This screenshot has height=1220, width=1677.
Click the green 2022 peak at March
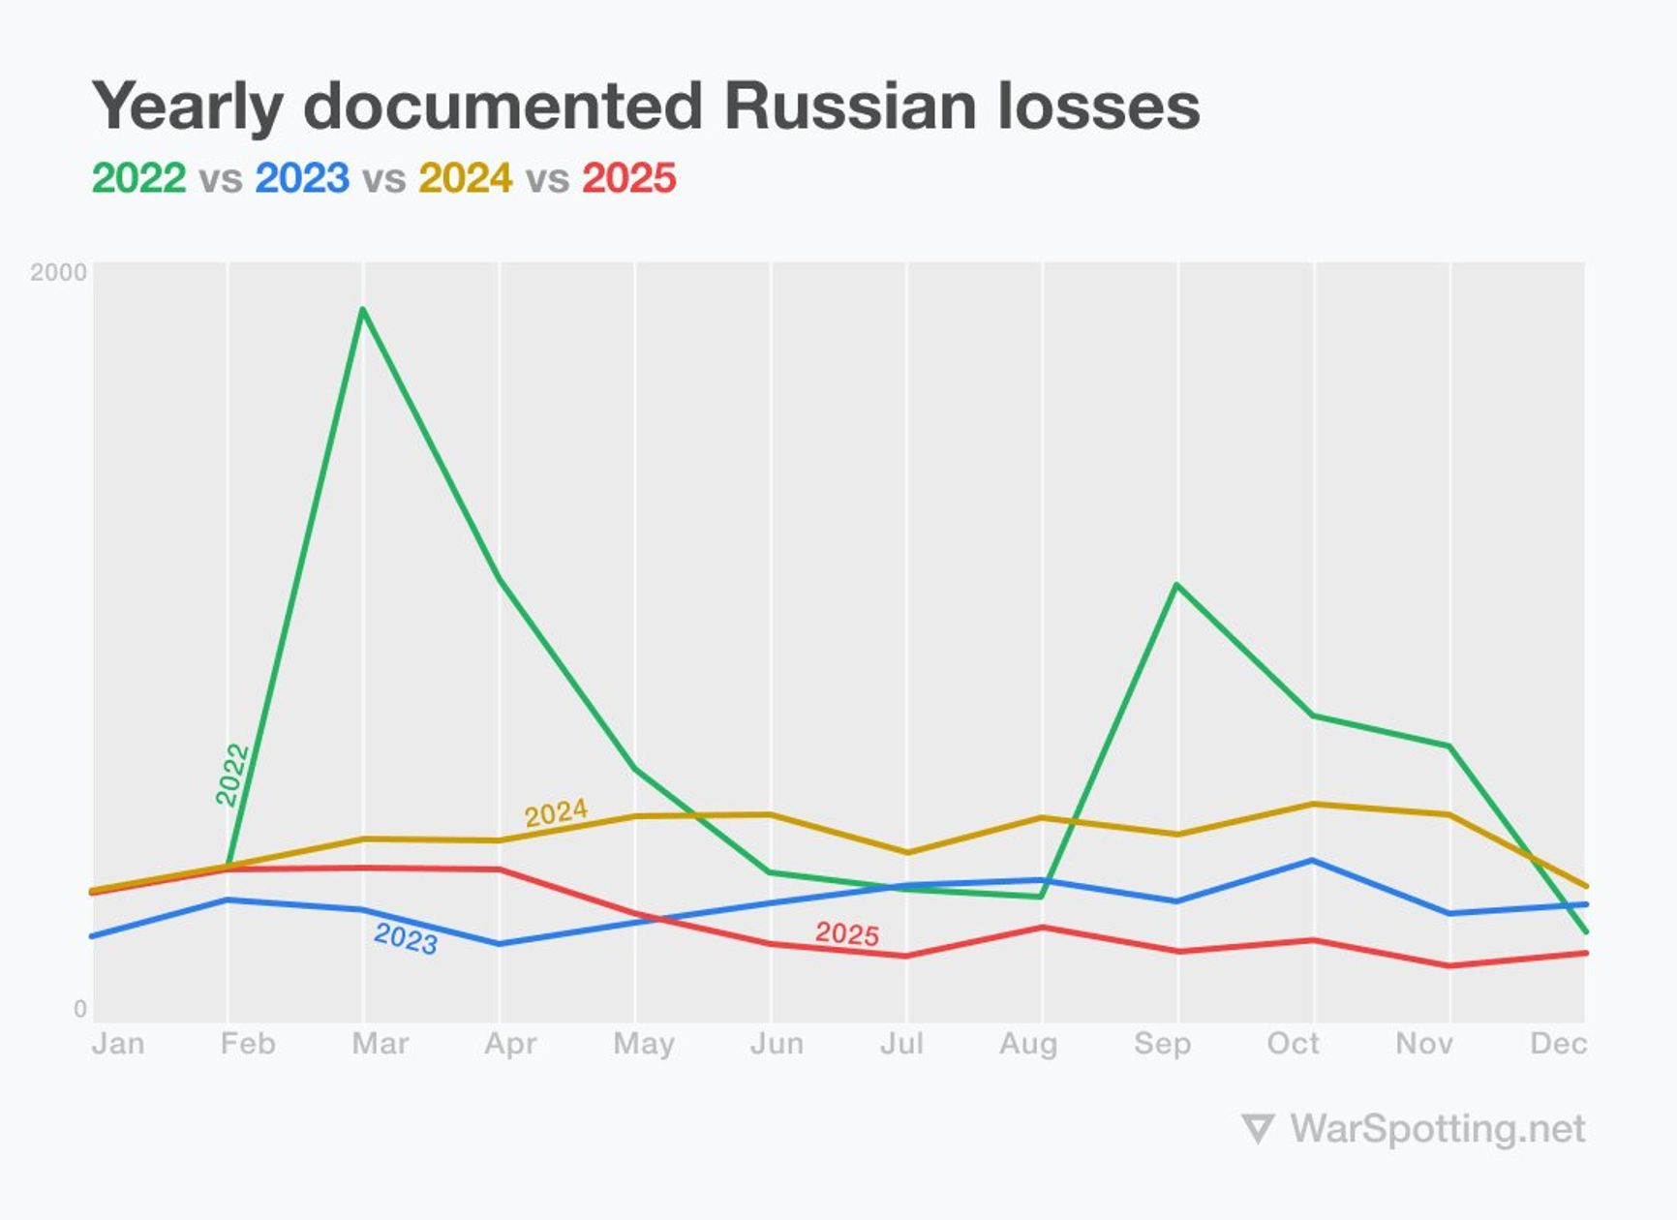362,310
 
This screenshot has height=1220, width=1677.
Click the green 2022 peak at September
1176,585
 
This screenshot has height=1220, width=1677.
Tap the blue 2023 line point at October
1313,860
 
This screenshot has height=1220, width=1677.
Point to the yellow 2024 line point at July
906,852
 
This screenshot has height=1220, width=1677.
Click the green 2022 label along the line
232,774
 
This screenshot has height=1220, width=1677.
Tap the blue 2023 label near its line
406,937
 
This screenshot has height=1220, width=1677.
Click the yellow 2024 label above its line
556,812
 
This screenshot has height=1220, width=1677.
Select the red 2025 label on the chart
847,933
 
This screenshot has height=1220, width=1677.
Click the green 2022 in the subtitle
138,178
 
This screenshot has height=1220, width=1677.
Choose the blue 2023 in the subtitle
302,178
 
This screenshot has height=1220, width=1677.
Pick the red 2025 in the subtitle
629,178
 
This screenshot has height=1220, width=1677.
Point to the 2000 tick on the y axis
58,272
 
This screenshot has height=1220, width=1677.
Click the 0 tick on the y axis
80,1009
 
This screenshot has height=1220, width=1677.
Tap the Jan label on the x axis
118,1044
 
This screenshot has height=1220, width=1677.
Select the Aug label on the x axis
1028,1044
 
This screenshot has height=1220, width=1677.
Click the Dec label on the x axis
1558,1044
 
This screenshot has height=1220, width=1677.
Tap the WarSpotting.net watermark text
1438,1129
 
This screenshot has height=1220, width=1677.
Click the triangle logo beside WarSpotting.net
1257,1129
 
